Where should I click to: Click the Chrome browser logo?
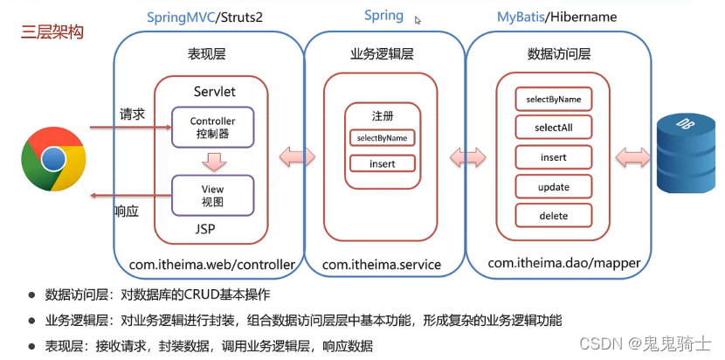click(x=53, y=159)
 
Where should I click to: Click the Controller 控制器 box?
click(x=212, y=127)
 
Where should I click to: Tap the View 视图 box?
click(x=212, y=195)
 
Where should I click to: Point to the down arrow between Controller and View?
click(x=213, y=161)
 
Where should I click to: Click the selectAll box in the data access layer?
click(x=554, y=128)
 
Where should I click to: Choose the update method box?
click(x=554, y=187)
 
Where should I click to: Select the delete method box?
click(x=554, y=216)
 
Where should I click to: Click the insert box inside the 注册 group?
click(x=383, y=163)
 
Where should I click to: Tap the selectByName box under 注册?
click(x=383, y=138)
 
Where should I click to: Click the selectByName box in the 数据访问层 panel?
click(x=554, y=99)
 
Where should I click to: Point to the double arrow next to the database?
click(x=633, y=158)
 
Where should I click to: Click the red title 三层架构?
click(x=52, y=33)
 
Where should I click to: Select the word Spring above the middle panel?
click(x=383, y=15)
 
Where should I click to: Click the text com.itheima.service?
click(x=382, y=265)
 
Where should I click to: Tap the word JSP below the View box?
click(x=204, y=229)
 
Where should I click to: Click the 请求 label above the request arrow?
click(x=132, y=114)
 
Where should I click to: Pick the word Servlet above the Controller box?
click(x=215, y=91)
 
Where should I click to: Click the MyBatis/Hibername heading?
click(x=556, y=17)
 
